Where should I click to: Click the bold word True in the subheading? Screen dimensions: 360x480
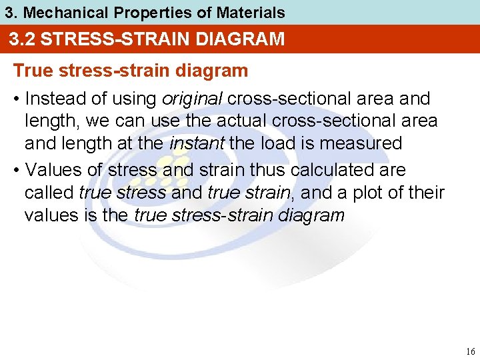[32, 70]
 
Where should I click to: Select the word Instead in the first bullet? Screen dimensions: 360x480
[50, 99]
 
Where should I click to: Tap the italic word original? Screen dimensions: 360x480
[192, 99]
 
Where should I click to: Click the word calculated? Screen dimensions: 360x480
[335, 170]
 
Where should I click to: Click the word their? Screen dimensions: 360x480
[427, 193]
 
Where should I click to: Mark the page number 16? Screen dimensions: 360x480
[471, 351]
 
